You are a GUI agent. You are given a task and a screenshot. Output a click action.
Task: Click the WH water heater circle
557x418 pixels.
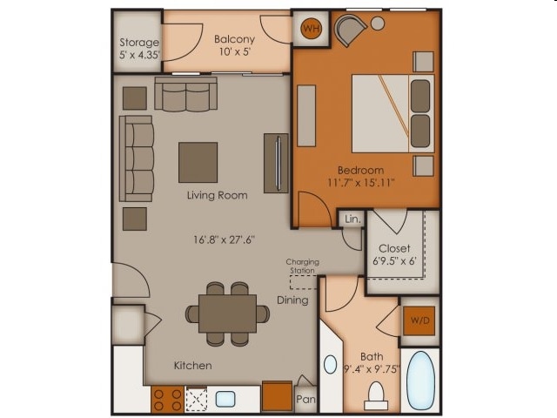point(312,29)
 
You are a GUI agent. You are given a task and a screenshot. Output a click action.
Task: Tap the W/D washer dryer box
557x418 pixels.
point(419,321)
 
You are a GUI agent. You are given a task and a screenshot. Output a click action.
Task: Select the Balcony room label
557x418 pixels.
point(234,38)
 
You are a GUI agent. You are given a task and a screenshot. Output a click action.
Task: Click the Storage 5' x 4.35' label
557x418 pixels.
point(139,49)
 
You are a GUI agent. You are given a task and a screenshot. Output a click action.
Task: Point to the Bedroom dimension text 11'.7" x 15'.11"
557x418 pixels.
point(360,183)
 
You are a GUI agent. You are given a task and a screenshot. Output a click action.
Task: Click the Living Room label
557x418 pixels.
point(217,195)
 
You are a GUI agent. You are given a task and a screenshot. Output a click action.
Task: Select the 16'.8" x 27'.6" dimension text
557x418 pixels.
point(225,239)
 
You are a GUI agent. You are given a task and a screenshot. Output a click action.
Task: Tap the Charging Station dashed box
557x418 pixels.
point(304,282)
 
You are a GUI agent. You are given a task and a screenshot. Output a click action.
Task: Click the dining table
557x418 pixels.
point(227,313)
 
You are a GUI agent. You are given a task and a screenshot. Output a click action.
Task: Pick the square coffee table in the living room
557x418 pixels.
point(198,163)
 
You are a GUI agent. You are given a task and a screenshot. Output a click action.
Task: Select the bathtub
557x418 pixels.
point(420,381)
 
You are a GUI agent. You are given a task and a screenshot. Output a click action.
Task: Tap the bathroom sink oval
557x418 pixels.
point(331,364)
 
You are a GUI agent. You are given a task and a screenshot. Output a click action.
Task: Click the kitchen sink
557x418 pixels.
point(225,399)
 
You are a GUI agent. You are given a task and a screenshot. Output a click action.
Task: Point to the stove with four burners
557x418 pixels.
point(167,400)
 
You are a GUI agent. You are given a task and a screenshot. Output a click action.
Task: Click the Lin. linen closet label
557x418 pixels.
point(352,219)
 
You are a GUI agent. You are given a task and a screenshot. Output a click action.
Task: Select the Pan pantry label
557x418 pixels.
point(305,399)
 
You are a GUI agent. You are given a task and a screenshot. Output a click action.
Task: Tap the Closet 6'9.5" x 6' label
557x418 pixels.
point(394,254)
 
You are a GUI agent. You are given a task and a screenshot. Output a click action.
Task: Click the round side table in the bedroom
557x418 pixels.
point(378,24)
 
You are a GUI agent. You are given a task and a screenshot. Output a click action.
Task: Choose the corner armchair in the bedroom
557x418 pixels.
point(350,30)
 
